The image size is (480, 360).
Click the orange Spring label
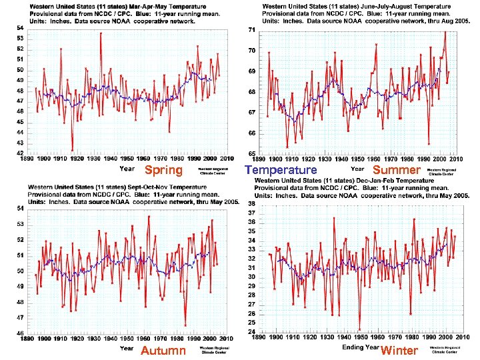(163, 170)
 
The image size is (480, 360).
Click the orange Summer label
(395, 170)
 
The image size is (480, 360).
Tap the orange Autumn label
(163, 351)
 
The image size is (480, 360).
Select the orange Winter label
(399, 351)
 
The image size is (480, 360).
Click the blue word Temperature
(281, 170)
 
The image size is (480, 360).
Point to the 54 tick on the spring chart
(20, 28)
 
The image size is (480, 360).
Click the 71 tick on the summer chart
(251, 31)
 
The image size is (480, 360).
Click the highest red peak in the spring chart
(101, 33)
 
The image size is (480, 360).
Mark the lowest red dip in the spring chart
(72, 149)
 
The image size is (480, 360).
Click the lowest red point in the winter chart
(359, 329)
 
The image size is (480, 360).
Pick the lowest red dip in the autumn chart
(185, 325)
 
